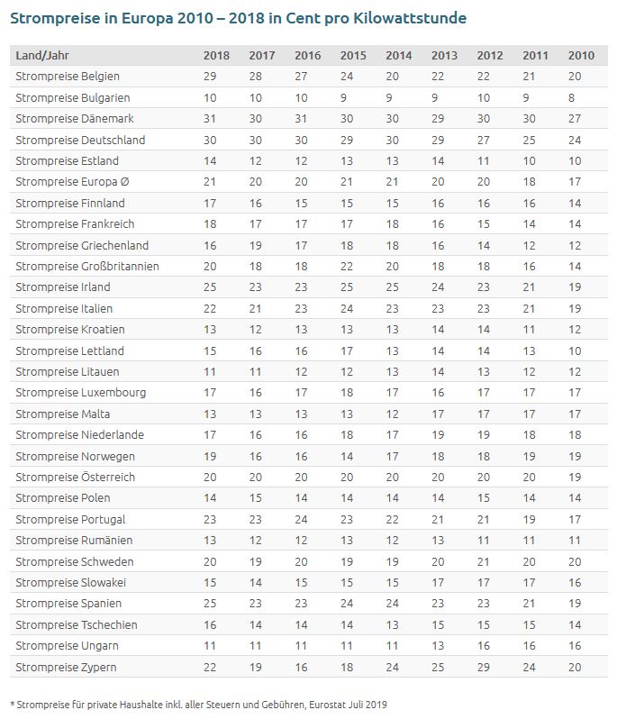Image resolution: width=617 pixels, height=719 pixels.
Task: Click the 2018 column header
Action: [216, 56]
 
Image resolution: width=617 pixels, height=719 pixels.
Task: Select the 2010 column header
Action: [581, 56]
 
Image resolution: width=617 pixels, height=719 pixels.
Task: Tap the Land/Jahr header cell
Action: [42, 56]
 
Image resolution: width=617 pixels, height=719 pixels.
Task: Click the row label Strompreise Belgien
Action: [68, 77]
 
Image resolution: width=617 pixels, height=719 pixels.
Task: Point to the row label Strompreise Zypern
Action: [67, 667]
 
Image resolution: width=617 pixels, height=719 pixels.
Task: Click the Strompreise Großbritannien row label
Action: [87, 266]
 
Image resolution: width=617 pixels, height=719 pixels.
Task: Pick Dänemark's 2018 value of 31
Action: [210, 119]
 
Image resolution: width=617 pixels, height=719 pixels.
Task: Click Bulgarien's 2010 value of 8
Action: [571, 97]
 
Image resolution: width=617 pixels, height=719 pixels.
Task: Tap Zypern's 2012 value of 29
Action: [484, 667]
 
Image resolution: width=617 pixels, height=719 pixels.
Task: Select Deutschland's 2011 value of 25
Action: [529, 140]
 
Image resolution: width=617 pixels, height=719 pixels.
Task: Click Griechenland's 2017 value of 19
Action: [256, 245]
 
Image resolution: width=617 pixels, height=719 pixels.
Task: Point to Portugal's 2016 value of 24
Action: [301, 519]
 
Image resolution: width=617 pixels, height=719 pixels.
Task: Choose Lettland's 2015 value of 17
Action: [347, 350]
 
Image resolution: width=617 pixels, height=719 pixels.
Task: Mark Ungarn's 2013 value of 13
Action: [438, 645]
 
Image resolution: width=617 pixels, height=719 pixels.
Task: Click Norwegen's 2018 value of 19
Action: [210, 456]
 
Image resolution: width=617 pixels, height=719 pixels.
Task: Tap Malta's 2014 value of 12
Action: [392, 414]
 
